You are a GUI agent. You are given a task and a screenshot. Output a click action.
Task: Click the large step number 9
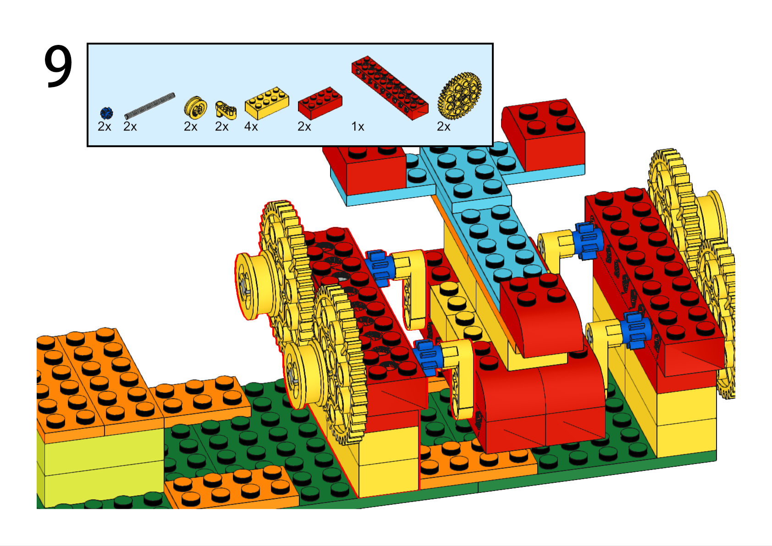pos(58,66)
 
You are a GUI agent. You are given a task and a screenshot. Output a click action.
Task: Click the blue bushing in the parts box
pos(106,113)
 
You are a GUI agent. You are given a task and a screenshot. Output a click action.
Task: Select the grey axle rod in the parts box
pos(149,106)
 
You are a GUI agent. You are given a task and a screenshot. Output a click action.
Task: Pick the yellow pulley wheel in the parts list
pos(195,106)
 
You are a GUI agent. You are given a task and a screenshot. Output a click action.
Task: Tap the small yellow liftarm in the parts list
pos(226,110)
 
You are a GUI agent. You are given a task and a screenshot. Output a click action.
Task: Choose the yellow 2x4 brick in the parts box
pos(267,103)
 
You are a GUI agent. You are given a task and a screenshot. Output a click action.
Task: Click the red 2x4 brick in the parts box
pos(320,103)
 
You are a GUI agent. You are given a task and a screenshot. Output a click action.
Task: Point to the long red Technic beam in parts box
pos(390,88)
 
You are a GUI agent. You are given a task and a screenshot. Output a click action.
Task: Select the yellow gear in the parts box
pos(459,96)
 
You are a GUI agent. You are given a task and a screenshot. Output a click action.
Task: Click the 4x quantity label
pos(251,127)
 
